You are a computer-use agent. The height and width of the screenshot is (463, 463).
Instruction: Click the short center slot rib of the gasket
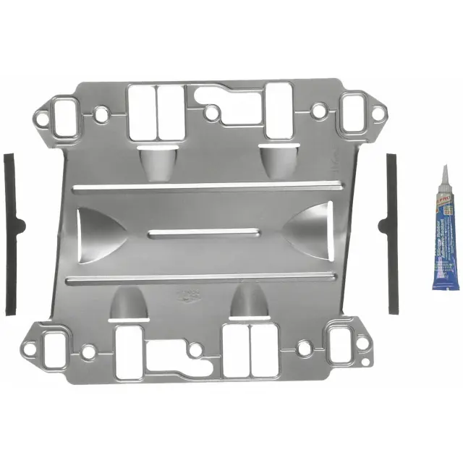[203, 232]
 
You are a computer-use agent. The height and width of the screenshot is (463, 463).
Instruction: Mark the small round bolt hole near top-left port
[101, 114]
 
